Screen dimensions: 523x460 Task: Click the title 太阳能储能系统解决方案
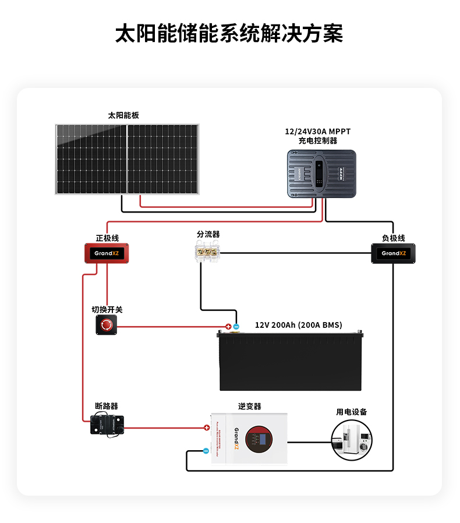229,33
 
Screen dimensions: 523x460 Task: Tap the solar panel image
127,159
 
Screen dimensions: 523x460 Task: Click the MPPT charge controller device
321,174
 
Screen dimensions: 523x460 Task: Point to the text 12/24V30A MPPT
321,131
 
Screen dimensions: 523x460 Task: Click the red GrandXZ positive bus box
107,253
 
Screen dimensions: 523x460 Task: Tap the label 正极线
107,238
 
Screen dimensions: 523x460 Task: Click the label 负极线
393,238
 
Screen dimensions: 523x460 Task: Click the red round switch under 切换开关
107,326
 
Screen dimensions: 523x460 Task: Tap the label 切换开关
107,310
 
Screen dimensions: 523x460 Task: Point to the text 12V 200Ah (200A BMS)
299,325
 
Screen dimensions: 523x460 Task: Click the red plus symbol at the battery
228,327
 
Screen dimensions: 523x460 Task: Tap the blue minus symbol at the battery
236,327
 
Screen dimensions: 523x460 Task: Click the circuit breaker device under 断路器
107,425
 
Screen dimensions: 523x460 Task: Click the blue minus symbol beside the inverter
206,450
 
